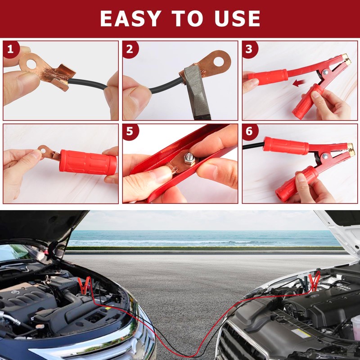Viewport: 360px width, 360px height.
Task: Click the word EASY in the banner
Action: [130, 18]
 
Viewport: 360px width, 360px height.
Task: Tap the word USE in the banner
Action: [237, 18]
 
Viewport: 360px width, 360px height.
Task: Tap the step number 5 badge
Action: [130, 132]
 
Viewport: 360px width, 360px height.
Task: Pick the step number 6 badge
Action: [250, 132]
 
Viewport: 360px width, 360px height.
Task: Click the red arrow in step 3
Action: [299, 83]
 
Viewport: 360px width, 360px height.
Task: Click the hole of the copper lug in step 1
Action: [31, 64]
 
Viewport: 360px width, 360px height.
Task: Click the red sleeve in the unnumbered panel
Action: [88, 162]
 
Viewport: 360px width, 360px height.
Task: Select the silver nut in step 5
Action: [189, 158]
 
